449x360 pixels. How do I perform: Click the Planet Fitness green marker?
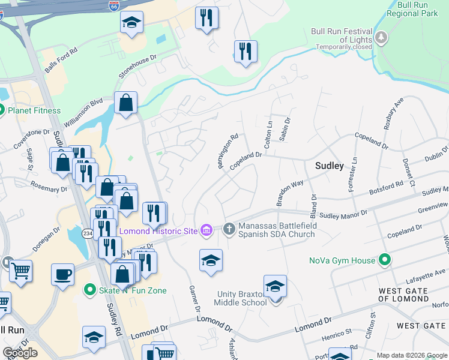pyautogui.click(x=2, y=110)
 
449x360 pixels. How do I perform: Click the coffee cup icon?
pyautogui.click(x=62, y=274)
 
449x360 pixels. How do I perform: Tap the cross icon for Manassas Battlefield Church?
pyautogui.click(x=229, y=229)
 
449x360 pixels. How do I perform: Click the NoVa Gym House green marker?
pyautogui.click(x=384, y=260)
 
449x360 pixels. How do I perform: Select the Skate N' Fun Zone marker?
pyautogui.click(x=90, y=290)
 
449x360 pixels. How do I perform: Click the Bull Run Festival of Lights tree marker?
pyautogui.click(x=381, y=38)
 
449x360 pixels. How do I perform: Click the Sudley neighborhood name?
pyautogui.click(x=330, y=166)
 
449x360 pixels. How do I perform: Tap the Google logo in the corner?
pyautogui.click(x=20, y=352)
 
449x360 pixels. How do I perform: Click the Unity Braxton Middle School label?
pyautogui.click(x=242, y=298)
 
